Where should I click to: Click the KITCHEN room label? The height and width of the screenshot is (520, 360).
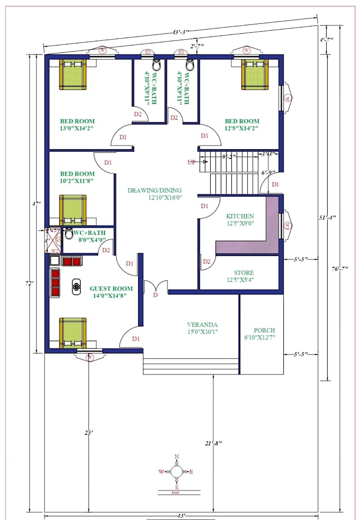pyautogui.click(x=240, y=216)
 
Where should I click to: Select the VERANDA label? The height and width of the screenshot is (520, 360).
pyautogui.click(x=202, y=325)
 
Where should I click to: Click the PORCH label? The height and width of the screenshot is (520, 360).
pyautogui.click(x=264, y=330)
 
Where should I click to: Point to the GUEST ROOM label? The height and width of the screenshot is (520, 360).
pyautogui.click(x=111, y=289)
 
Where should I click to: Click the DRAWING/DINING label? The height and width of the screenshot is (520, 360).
pyautogui.click(x=155, y=190)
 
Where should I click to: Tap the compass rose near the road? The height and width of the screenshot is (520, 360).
pyautogui.click(x=177, y=471)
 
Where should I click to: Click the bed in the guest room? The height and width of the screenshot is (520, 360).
pyautogui.click(x=73, y=332)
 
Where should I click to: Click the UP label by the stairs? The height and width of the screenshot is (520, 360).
pyautogui.click(x=191, y=161)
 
